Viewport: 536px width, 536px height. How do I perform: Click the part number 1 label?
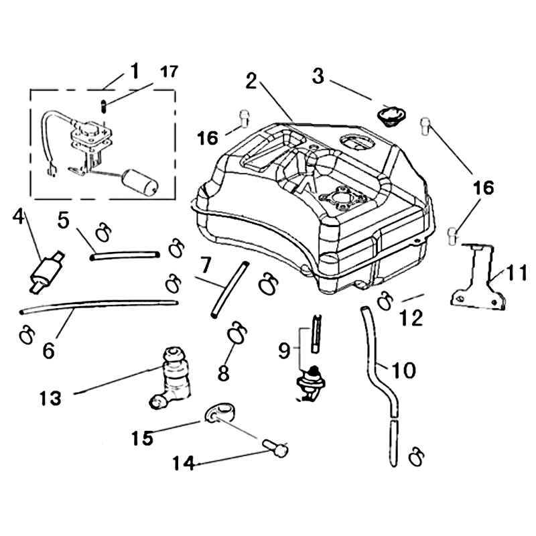point(135,70)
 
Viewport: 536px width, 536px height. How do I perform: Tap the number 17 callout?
point(169,72)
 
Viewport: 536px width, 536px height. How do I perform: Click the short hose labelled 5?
point(126,255)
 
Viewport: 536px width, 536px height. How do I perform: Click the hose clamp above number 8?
point(237,332)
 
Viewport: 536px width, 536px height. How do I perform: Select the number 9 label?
point(284,350)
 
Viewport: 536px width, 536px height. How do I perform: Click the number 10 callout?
point(404,370)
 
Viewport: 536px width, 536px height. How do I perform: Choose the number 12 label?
point(412,319)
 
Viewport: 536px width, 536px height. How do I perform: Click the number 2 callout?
point(252,81)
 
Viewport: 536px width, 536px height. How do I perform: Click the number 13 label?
point(50,397)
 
